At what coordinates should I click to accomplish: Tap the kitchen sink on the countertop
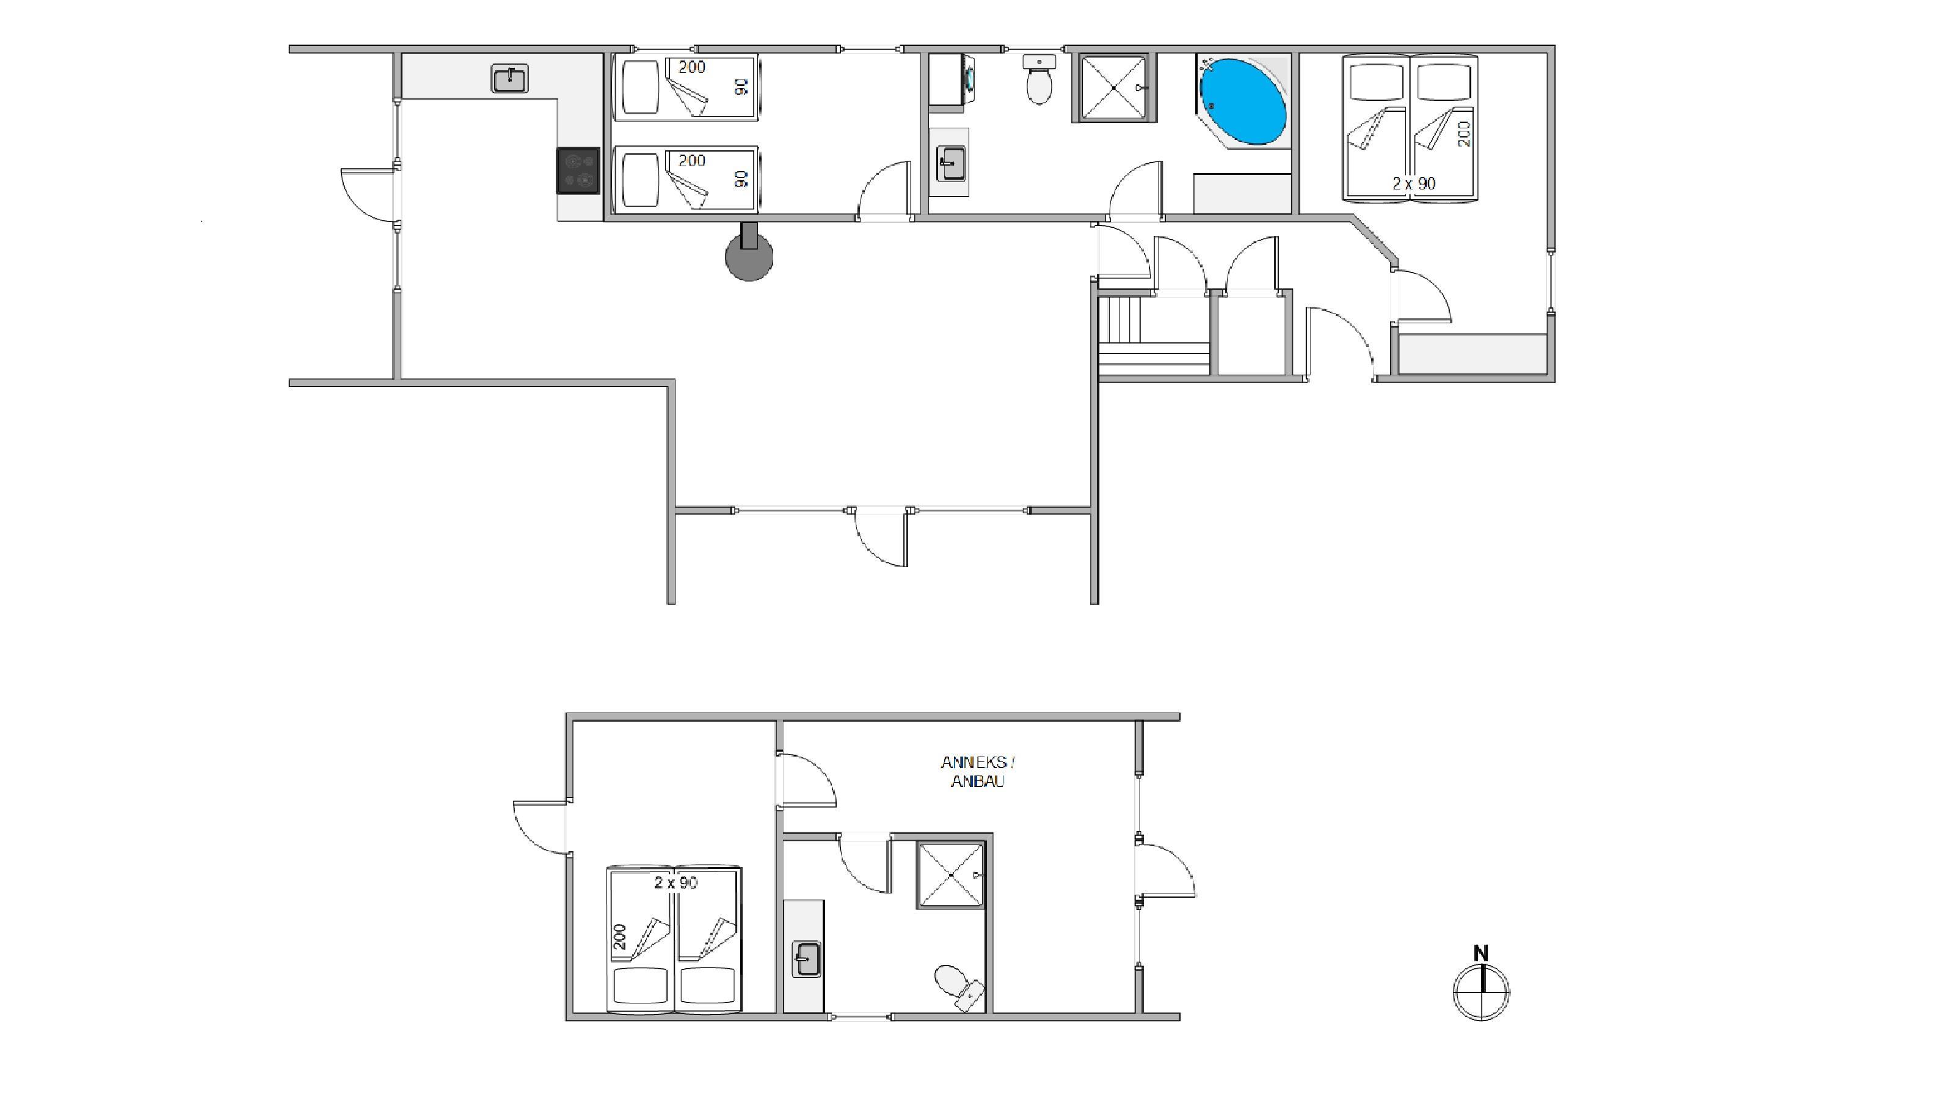click(510, 78)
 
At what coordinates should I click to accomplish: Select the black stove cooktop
click(578, 171)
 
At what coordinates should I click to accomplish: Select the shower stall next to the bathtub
click(1113, 87)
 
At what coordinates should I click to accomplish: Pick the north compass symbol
click(1480, 991)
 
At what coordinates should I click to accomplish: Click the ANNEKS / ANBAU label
click(977, 772)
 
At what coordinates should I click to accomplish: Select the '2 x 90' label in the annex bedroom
click(675, 882)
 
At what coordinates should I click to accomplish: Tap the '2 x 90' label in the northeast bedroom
click(1414, 183)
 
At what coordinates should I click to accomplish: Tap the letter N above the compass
click(1480, 953)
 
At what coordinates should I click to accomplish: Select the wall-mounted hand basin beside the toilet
click(1039, 61)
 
